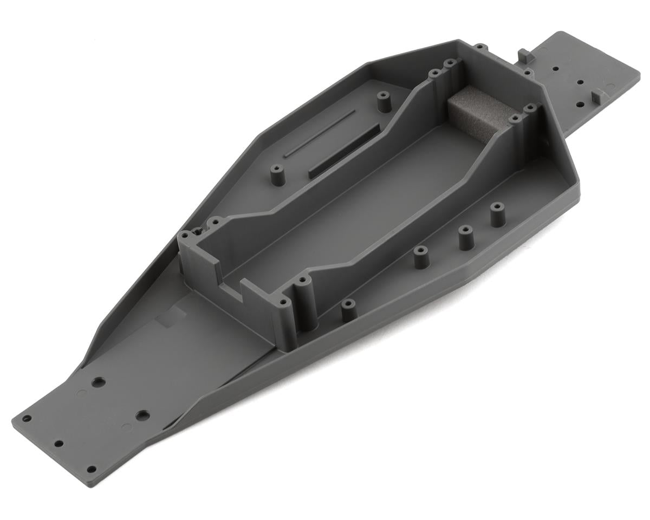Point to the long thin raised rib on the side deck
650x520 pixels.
pyautogui.click(x=320, y=133)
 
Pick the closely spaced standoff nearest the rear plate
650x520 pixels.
pyautogui.click(x=497, y=214)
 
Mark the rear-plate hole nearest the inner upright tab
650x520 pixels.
pyautogui.click(x=555, y=69)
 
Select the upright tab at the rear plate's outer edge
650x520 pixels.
pyautogui.click(x=596, y=97)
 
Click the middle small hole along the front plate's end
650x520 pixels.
pyautogui.click(x=58, y=444)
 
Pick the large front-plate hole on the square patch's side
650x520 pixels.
pyautogui.click(x=98, y=382)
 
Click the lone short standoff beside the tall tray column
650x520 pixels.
pyautogui.click(x=348, y=309)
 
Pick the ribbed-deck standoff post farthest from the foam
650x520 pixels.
pyautogui.click(x=277, y=177)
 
